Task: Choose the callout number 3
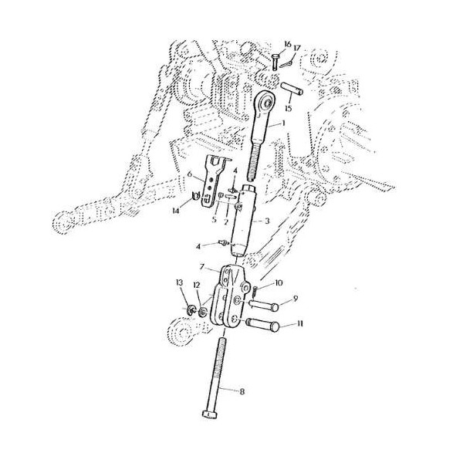point(268,221)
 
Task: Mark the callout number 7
point(201,268)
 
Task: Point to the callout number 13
point(179,284)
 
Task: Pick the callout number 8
point(242,392)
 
